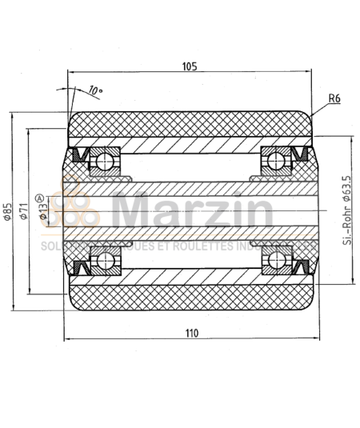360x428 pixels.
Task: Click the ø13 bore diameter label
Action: coord(42,214)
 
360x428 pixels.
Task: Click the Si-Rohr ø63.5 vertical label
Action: coord(346,211)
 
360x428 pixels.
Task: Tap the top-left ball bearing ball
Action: coord(102,162)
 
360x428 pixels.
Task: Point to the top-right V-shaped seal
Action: coord(303,155)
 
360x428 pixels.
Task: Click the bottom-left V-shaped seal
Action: coord(80,266)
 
